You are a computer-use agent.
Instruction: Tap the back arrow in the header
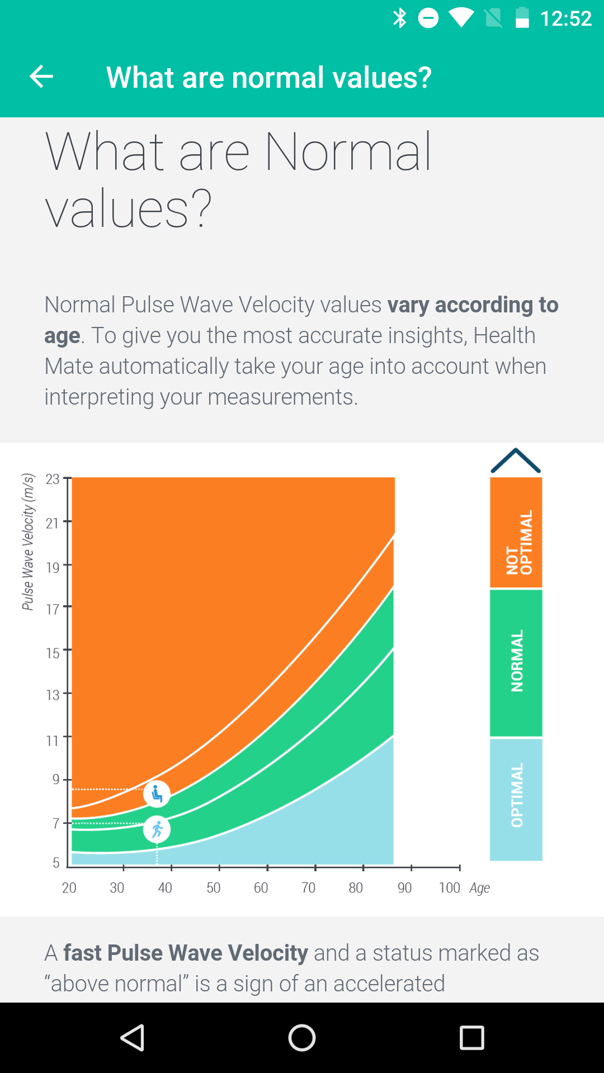point(41,77)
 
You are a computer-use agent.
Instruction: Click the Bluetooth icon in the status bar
point(399,18)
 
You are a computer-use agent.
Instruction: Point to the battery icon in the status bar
point(522,18)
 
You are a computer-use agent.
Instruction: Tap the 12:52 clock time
point(565,18)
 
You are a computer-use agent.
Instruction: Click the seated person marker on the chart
point(157,794)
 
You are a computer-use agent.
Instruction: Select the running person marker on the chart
point(157,829)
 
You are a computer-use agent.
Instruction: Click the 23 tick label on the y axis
point(53,479)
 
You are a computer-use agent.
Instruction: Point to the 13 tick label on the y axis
point(53,695)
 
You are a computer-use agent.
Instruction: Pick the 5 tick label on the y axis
point(56,862)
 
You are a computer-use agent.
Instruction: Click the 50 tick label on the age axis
point(213,887)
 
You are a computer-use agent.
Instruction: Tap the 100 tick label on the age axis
point(449,887)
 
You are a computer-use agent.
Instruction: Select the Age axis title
point(479,888)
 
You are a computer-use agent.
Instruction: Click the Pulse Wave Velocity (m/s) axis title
point(28,542)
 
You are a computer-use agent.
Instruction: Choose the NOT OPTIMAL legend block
point(516,533)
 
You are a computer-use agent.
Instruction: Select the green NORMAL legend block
point(516,663)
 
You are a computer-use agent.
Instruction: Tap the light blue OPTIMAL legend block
point(516,799)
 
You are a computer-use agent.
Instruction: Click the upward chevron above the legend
point(515,461)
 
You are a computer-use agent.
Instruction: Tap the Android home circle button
point(302,1038)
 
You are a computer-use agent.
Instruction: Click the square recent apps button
point(471,1038)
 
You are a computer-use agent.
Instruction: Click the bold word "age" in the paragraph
point(62,336)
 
